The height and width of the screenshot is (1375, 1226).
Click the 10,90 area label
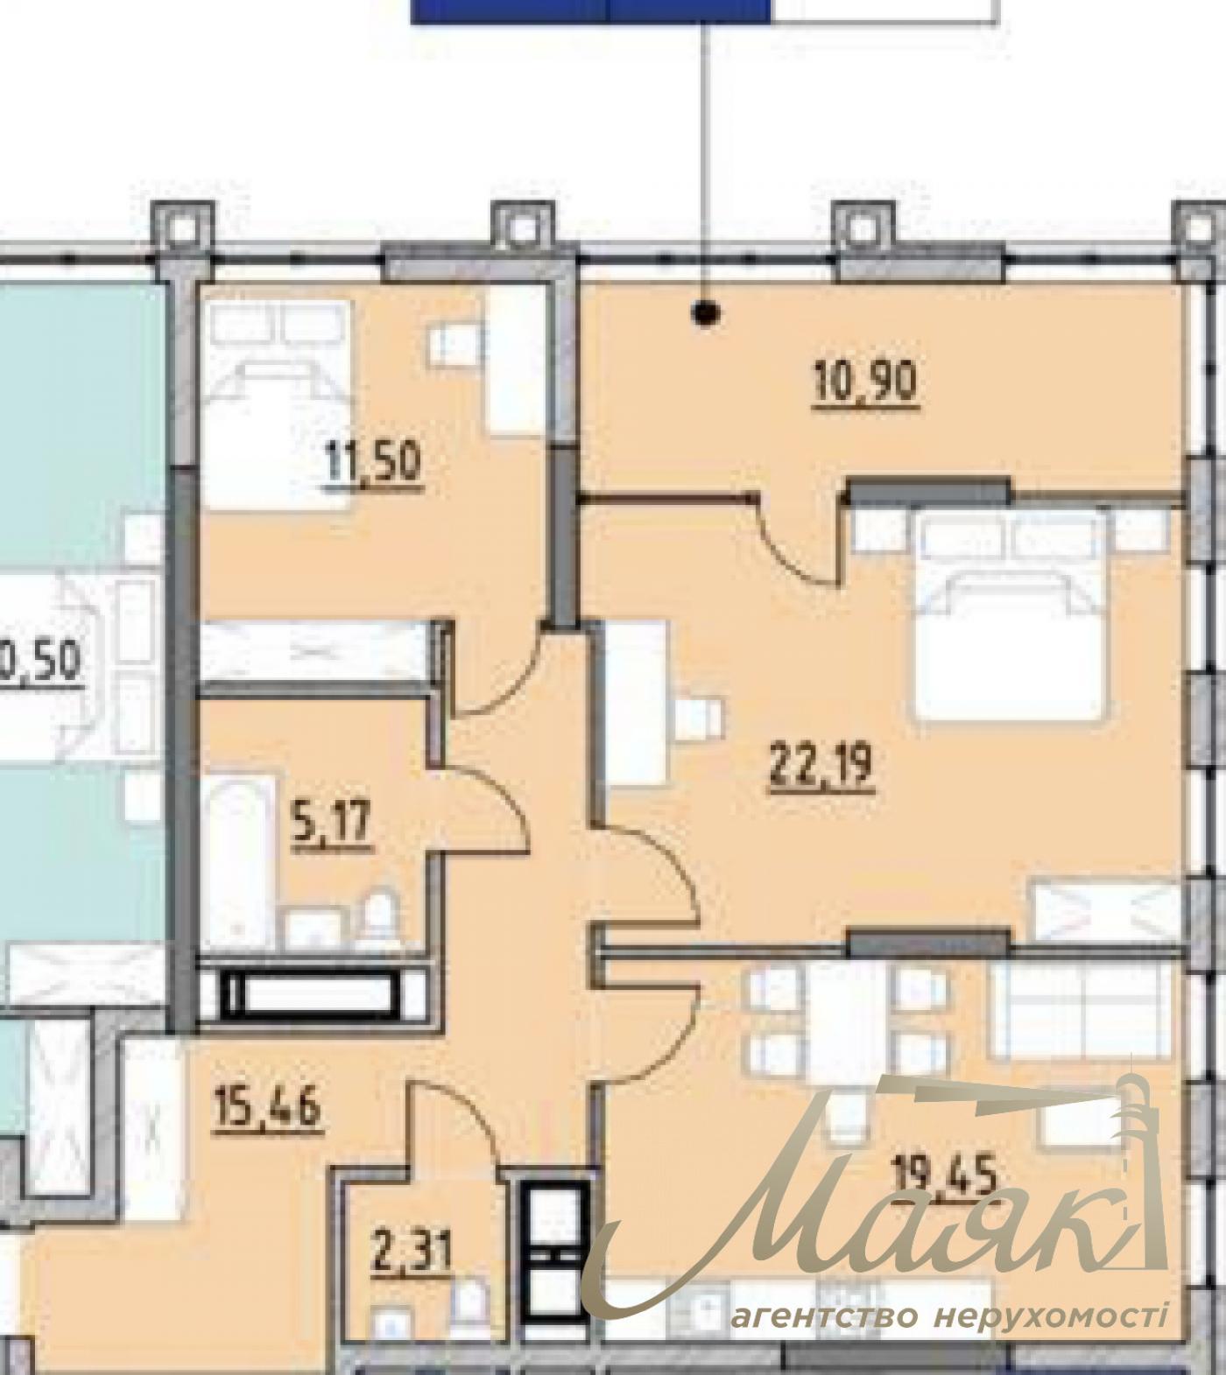click(x=865, y=383)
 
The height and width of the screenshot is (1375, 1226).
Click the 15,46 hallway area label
click(x=268, y=1109)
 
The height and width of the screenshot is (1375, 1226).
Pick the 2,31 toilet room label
click(x=411, y=1256)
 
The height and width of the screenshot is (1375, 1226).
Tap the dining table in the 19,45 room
click(x=844, y=1015)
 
